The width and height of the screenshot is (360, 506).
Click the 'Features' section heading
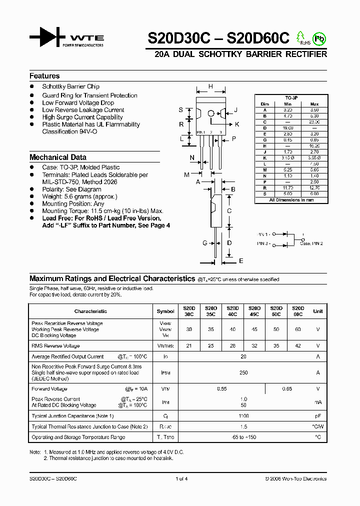tap(44, 76)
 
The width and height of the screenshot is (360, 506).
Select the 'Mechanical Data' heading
tap(58, 157)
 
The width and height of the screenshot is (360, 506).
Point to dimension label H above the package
tap(210, 86)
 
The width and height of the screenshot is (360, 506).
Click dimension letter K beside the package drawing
tap(237, 124)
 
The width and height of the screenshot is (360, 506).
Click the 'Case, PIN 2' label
tap(311, 243)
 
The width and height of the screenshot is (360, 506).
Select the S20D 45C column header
tap(254, 311)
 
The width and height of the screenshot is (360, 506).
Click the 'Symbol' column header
tap(165, 311)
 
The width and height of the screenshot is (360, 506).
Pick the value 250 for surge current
tap(244, 372)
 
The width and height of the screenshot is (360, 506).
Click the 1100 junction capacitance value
tap(244, 416)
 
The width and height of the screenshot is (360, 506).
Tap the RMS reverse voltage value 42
tap(298, 345)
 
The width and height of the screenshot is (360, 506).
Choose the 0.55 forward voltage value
tap(222, 389)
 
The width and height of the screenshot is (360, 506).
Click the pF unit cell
tap(317, 416)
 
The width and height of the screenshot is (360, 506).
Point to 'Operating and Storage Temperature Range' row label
tap(78, 437)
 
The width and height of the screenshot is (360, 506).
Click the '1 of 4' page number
tap(181, 478)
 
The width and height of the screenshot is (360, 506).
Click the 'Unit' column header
tap(317, 311)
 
